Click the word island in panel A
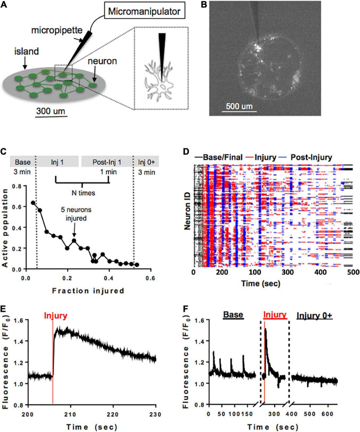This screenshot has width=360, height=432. (x=27, y=52)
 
